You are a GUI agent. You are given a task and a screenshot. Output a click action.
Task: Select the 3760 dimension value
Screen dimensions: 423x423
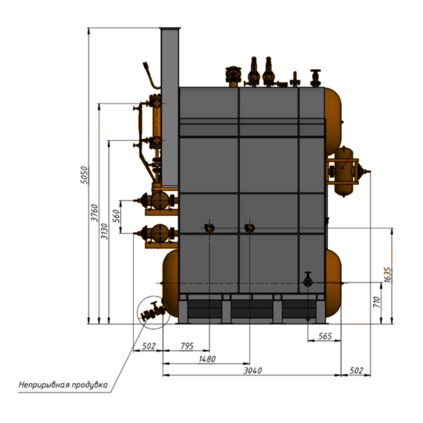point(94,213)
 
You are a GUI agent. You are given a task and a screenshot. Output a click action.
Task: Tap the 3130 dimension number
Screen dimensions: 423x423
point(104,231)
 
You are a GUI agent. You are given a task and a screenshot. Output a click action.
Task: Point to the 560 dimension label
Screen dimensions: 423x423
point(116,216)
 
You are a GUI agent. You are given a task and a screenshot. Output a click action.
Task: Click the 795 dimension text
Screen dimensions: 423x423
point(187,346)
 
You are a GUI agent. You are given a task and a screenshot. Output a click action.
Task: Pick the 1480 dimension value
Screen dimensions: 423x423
point(207,359)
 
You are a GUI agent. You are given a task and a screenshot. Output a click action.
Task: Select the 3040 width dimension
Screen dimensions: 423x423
point(253,371)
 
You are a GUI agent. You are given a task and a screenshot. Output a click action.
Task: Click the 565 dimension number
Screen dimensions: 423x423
point(325,336)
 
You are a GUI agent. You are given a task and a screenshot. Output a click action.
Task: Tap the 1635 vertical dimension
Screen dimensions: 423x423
point(387,275)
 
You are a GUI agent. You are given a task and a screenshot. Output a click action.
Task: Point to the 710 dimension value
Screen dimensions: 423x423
point(376,302)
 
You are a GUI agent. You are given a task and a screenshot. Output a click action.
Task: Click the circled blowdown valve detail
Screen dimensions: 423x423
point(154,312)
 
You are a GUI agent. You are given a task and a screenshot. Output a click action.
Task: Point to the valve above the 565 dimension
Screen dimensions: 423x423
point(308,279)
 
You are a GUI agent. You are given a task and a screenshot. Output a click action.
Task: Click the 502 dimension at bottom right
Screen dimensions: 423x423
point(356,371)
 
